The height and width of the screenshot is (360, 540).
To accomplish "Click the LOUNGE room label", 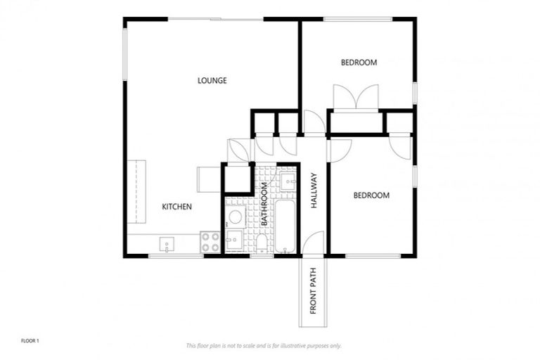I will pyautogui.click(x=212, y=80).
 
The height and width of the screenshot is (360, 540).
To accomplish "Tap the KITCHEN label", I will pyautogui.click(x=177, y=207).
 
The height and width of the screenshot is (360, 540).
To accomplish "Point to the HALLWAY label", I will pyautogui.click(x=314, y=191).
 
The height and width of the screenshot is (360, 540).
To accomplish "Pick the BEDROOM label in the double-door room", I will pyautogui.click(x=359, y=63).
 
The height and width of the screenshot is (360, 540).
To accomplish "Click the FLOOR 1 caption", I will pyautogui.click(x=30, y=341).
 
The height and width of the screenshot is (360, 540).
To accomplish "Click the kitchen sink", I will pyautogui.click(x=167, y=244).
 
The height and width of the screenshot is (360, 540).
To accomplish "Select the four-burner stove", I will pyautogui.click(x=210, y=242).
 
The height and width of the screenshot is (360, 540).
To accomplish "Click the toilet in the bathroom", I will pyautogui.click(x=262, y=243).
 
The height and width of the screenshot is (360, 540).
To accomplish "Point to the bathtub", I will pyautogui.click(x=285, y=226).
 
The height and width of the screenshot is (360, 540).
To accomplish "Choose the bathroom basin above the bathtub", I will pyautogui.click(x=288, y=182).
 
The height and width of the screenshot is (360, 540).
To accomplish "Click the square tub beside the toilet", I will pyautogui.click(x=235, y=240).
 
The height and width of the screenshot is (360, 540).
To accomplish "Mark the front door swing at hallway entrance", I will pyautogui.click(x=314, y=244).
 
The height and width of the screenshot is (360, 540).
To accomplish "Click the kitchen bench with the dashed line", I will pyautogui.click(x=136, y=194).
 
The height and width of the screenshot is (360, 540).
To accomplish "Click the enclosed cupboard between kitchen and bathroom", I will pyautogui.click(x=238, y=178).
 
